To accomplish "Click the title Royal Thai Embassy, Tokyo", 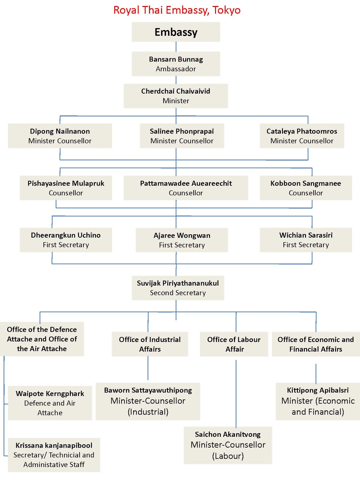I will click(x=177, y=10).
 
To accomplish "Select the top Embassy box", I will click(x=176, y=32).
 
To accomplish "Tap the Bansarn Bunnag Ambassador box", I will click(x=176, y=64).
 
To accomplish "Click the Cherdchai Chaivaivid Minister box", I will click(x=176, y=96).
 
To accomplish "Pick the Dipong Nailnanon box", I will click(x=60, y=136).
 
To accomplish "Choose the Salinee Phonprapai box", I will click(x=182, y=136).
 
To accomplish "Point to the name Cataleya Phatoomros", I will click(x=301, y=131).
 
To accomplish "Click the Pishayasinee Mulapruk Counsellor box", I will click(x=66, y=188).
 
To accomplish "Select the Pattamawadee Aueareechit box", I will click(x=186, y=188).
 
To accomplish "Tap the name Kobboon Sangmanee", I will click(x=305, y=183).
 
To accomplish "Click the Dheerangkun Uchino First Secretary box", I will click(x=66, y=240).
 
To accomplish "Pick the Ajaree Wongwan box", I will click(x=182, y=240).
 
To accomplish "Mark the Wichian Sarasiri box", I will click(x=306, y=240).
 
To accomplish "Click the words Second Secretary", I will click(x=178, y=293).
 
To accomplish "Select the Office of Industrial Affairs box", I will click(x=150, y=344).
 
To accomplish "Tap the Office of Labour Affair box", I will click(x=234, y=344).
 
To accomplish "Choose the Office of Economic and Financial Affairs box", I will click(x=316, y=344).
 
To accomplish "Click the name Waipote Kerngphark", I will click(x=50, y=393).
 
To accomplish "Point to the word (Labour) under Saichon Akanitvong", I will click(x=228, y=456).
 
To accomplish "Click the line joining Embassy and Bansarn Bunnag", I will click(x=176, y=46).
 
